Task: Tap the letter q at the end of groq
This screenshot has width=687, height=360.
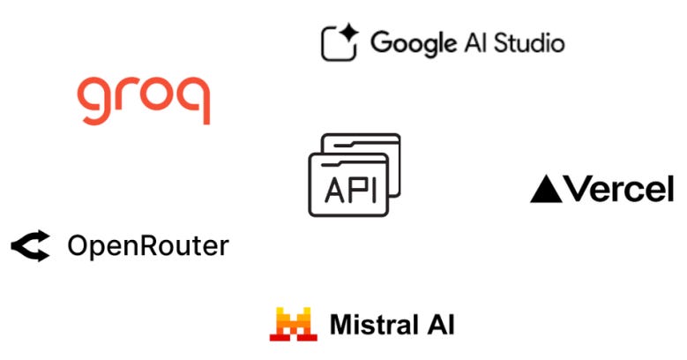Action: click(x=195, y=101)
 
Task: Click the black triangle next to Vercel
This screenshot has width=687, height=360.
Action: click(x=546, y=189)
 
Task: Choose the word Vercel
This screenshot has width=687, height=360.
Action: click(x=618, y=188)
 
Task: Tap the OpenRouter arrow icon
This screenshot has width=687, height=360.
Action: click(x=31, y=245)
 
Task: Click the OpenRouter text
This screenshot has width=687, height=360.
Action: click(x=147, y=245)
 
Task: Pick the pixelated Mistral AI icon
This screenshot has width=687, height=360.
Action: click(x=293, y=324)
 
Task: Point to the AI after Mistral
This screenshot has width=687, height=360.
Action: click(x=440, y=324)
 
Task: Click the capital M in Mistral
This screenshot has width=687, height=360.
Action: click(x=342, y=324)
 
